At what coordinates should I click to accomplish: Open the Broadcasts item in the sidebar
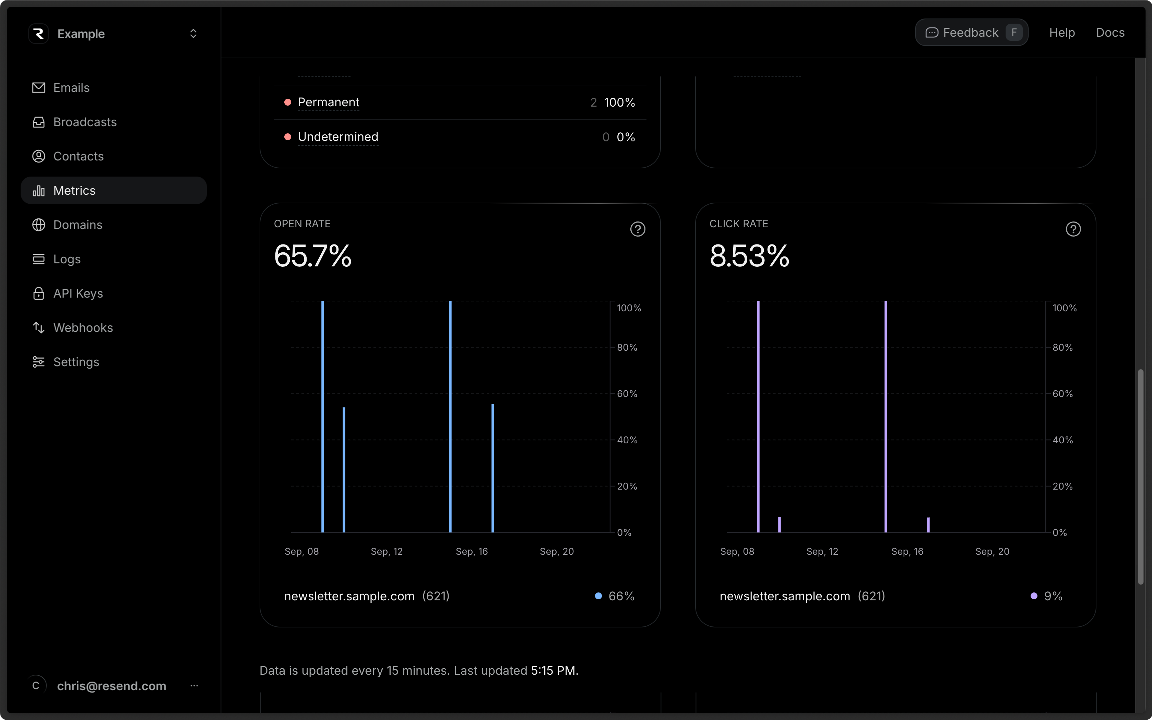[x=84, y=122]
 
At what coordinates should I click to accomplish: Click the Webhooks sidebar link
[x=83, y=328]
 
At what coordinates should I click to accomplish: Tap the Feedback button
[x=971, y=32]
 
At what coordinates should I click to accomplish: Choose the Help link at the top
[x=1061, y=32]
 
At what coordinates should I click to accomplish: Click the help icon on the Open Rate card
[x=637, y=229]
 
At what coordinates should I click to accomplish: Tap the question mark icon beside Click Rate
[x=1072, y=229]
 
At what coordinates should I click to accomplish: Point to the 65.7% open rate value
[x=312, y=256]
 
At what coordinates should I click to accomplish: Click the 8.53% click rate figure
[x=749, y=256]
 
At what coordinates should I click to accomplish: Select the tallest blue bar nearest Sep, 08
[x=322, y=416]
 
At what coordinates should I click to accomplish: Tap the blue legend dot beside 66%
[x=598, y=596]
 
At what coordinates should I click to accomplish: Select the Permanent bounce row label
[x=328, y=103]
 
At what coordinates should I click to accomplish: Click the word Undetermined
[x=338, y=137]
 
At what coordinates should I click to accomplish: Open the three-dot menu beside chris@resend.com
[x=194, y=686]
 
